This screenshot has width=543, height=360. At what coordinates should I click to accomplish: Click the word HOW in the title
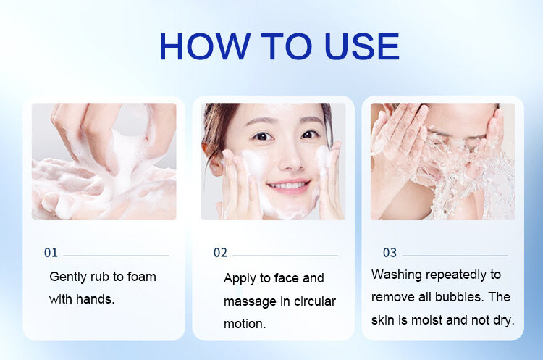tap(205, 46)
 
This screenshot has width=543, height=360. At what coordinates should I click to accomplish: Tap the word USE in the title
tap(362, 46)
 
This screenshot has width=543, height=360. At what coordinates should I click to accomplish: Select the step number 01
tap(51, 253)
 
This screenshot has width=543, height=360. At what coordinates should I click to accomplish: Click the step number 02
tap(220, 253)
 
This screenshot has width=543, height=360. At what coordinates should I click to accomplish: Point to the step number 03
tap(390, 253)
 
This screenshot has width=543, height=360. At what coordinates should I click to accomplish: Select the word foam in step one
tap(142, 277)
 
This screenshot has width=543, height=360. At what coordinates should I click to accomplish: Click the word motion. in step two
tap(245, 324)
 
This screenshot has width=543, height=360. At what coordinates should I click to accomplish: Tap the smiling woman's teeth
tap(288, 185)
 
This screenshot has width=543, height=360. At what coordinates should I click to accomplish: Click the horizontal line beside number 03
tap(455, 256)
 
